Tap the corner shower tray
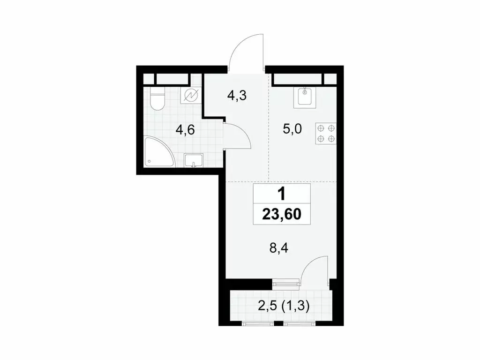[x=157, y=153]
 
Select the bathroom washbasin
[x=193, y=160]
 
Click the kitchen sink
[x=305, y=97]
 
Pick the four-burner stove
[x=326, y=133]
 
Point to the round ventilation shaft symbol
[x=192, y=96]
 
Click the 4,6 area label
[x=185, y=130]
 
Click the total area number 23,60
[x=282, y=215]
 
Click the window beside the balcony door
[x=286, y=283]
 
